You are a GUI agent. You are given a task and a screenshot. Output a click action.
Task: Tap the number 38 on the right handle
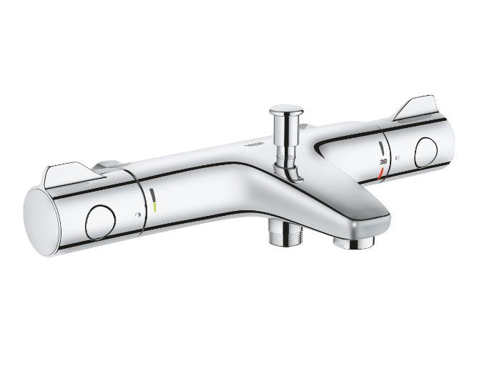click(x=383, y=160)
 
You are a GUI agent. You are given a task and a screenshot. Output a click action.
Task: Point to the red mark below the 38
click(x=383, y=172)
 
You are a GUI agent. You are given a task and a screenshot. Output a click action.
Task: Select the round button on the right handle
click(x=427, y=149)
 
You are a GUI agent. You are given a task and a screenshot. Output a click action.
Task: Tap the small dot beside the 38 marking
click(x=399, y=156)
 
